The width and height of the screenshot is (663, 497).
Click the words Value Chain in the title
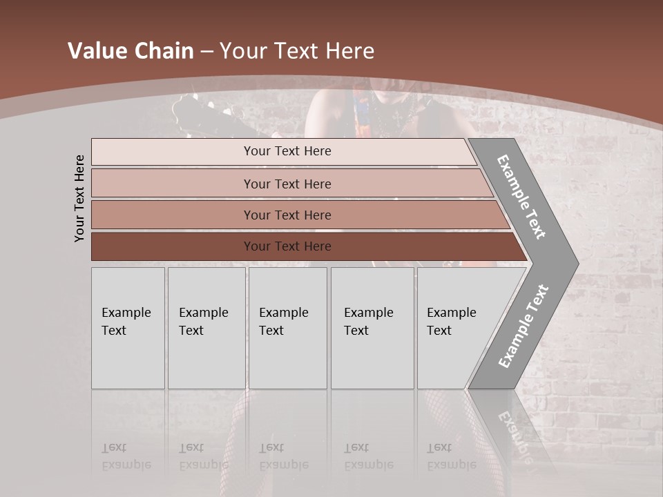coord(131,51)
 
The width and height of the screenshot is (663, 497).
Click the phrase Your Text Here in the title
coord(297,51)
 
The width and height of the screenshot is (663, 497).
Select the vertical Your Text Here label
coord(79,198)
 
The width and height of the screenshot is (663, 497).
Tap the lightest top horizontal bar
coord(287,151)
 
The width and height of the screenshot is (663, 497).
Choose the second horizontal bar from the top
coord(287,184)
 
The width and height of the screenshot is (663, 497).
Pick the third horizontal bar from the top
coord(287,215)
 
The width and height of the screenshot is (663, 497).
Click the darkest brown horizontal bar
coord(287,246)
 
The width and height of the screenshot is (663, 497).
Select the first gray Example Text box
coord(128,328)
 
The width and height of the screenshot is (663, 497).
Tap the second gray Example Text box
coord(206,328)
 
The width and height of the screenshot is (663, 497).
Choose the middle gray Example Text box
coord(287,328)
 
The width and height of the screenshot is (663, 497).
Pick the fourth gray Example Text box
coord(372,328)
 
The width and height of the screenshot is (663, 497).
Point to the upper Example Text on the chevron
coord(521,197)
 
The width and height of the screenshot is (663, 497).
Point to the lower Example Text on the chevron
coord(523,326)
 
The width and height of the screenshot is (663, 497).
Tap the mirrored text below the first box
coord(126,456)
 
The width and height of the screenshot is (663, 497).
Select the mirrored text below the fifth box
coord(451,456)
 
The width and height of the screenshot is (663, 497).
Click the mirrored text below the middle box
coord(283,456)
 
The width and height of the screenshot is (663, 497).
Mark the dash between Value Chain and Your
coord(206,52)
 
